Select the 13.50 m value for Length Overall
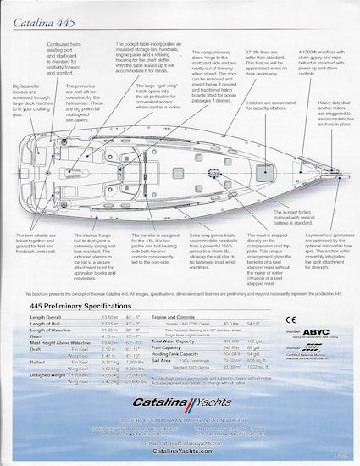pos(110,315)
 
